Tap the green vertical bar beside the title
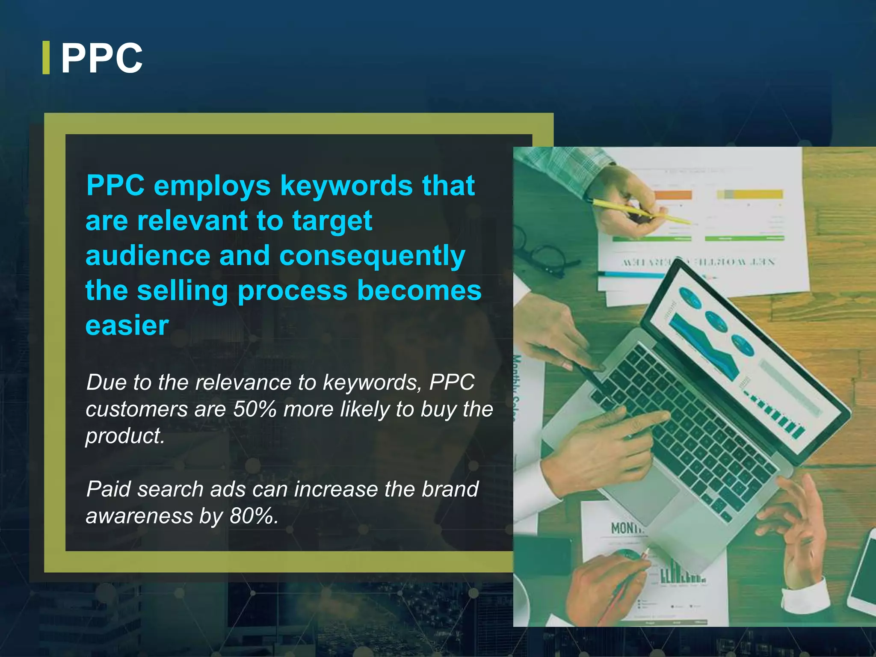point(46,58)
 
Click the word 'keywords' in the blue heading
point(346,186)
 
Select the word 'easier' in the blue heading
point(127,326)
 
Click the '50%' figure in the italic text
point(255,409)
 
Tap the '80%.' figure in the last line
point(254,516)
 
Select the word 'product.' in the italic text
point(125,436)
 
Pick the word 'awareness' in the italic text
point(139,516)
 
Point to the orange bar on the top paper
point(673,195)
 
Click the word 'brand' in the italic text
point(450,489)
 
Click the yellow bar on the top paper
point(757,195)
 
